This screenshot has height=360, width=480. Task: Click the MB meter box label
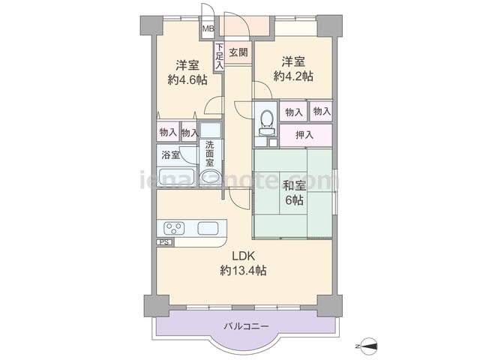[208, 28]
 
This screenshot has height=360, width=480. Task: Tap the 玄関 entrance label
[238, 52]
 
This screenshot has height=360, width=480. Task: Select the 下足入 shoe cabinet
[219, 57]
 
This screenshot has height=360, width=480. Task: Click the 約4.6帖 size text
[187, 80]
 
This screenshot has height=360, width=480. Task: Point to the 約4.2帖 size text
[293, 76]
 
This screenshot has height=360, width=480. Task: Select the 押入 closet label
[304, 135]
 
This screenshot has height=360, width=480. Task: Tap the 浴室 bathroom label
[170, 155]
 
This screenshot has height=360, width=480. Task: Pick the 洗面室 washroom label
[210, 153]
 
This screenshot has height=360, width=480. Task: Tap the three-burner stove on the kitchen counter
[174, 228]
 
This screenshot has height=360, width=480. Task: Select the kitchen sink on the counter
[208, 228]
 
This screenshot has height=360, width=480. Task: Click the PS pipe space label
[165, 242]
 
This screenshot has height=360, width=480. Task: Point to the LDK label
[243, 256]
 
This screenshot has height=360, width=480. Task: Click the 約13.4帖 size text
[243, 271]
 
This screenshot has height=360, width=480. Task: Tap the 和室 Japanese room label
[295, 186]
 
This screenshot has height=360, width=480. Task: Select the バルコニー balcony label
[247, 326]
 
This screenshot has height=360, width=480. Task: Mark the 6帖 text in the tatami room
[294, 200]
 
